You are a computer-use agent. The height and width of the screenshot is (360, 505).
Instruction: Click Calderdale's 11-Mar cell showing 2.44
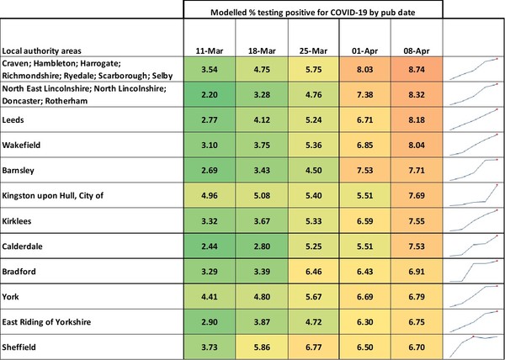(210, 246)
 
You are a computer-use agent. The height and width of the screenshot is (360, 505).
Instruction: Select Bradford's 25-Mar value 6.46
(312, 272)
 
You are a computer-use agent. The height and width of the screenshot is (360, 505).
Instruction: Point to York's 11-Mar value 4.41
(210, 297)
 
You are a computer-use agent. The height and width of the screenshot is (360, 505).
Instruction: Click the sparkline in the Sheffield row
(473, 346)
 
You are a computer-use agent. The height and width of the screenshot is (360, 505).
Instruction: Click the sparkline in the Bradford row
(473, 271)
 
